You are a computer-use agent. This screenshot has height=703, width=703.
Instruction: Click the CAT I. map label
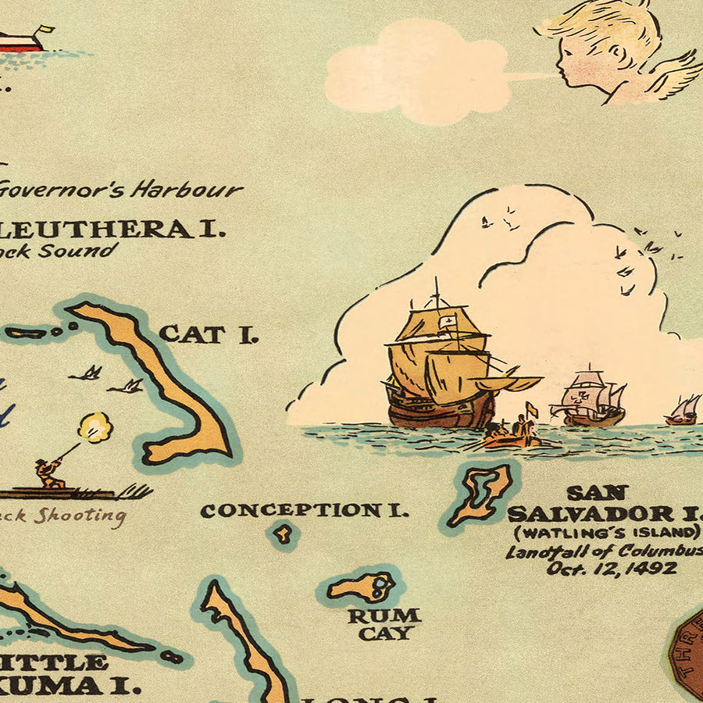click(x=208, y=334)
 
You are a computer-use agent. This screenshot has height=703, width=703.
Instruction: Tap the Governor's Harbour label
click(x=121, y=189)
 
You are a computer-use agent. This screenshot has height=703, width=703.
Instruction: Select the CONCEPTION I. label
click(x=303, y=511)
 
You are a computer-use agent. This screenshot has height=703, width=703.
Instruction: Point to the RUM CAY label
click(x=384, y=623)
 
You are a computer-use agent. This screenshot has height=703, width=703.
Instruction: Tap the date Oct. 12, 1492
click(x=612, y=569)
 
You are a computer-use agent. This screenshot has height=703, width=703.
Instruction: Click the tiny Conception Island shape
click(x=283, y=533)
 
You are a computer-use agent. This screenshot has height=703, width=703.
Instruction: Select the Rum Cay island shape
click(x=362, y=587)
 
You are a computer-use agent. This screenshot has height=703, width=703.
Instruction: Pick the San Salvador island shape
click(x=482, y=494)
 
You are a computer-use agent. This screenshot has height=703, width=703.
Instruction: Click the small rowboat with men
click(x=512, y=435)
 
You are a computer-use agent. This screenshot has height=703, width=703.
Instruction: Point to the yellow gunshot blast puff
click(x=95, y=428)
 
